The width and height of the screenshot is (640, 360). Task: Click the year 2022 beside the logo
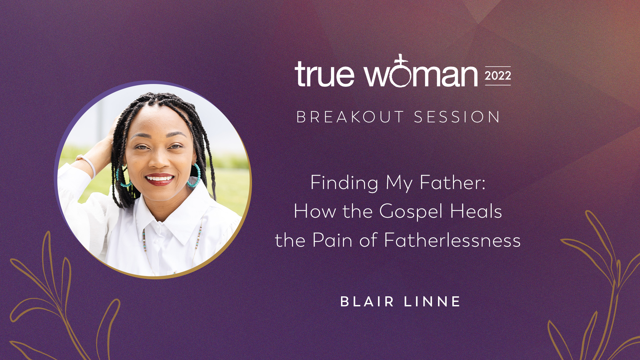(498, 76)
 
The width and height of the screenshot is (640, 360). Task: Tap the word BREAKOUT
(350, 117)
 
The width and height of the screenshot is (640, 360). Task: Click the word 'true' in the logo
(324, 74)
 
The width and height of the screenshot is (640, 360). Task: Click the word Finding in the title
(344, 183)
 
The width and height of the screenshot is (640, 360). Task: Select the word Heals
(476, 211)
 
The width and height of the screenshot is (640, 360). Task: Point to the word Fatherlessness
(452, 240)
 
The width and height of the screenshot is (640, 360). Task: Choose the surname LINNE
(432, 302)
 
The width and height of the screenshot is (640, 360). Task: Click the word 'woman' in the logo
(421, 74)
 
